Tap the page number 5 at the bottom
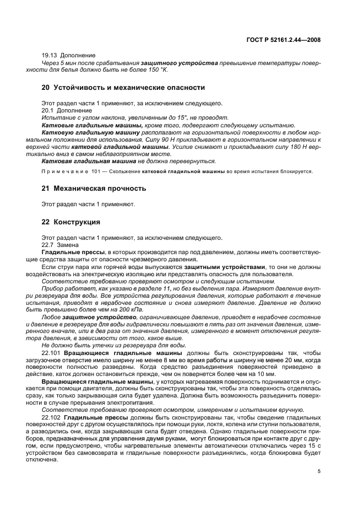pyautogui.click(x=319, y=471)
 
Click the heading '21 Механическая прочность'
pyautogui.click(x=94, y=188)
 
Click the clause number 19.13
pyautogui.click(x=51, y=55)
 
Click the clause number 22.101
pyautogui.click(x=52, y=351)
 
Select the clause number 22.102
pyautogui.click(x=52, y=416)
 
